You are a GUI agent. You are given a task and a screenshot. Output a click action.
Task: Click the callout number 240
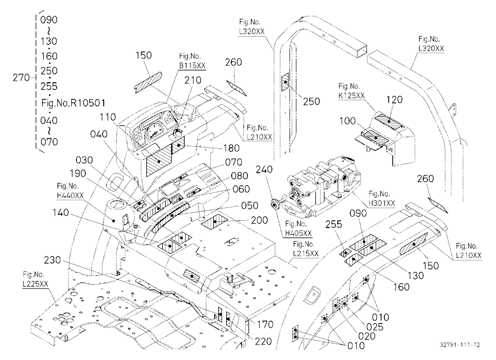coord(264,170)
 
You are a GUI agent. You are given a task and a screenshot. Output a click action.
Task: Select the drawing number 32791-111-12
coord(460,345)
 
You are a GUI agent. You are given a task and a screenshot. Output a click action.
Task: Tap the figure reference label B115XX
coord(192,65)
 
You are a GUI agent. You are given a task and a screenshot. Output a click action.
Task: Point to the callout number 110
coord(108,117)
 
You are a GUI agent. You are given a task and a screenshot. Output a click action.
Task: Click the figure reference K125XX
coord(352,96)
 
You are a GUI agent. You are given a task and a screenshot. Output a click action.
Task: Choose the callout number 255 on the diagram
coord(334,224)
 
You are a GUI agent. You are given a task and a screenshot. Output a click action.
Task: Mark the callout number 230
coord(52,260)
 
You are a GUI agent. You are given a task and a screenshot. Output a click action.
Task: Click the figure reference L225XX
coord(35,284)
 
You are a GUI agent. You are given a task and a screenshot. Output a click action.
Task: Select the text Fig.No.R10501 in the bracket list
coord(73,103)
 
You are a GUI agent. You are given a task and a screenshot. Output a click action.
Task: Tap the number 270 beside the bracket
coord(21,77)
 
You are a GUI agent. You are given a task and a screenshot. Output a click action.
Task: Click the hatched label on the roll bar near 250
coord(285,82)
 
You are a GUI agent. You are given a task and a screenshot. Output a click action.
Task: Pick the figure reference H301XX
coord(382,203)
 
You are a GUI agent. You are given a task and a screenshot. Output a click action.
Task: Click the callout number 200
coord(259,220)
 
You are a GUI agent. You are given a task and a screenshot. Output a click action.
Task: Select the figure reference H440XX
coord(70,195)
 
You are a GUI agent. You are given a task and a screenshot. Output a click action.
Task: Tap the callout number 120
coord(394,100)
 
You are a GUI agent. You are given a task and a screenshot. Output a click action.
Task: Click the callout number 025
coord(375,327)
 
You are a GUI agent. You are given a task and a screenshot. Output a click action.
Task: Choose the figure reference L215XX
coord(306,253)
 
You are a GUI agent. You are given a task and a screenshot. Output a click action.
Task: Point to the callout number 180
coord(231,148)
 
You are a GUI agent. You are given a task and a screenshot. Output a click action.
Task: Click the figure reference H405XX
coord(298,233)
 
